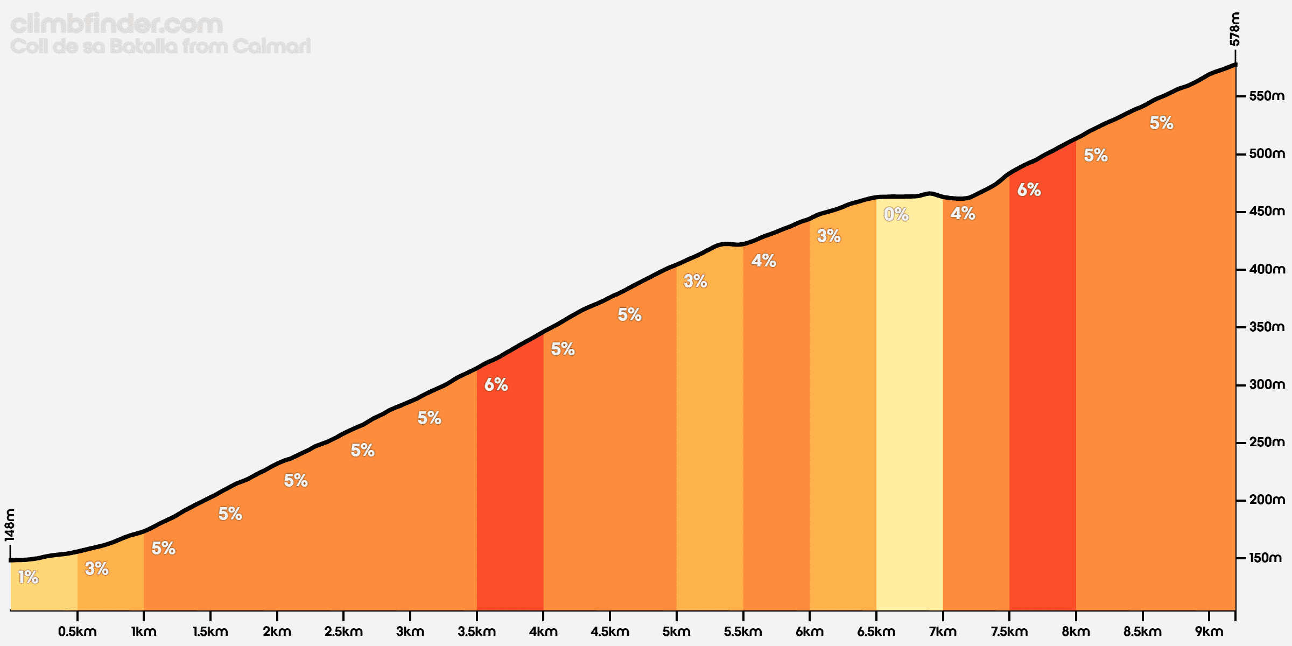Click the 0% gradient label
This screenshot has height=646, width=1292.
point(896,215)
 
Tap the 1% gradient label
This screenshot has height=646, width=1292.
point(28,577)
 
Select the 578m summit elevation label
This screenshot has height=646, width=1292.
point(1235,29)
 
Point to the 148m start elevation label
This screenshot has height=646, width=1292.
point(10,525)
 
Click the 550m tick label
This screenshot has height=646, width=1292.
point(1267,96)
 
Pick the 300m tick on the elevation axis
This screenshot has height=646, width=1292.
point(1267,385)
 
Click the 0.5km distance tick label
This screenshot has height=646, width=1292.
point(78,631)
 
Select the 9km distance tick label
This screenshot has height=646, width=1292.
point(1209,631)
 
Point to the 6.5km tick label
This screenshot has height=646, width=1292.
point(876,631)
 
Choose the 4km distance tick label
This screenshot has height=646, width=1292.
point(543,631)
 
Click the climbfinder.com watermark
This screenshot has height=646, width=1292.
point(116,24)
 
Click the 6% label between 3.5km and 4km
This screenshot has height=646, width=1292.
point(496,384)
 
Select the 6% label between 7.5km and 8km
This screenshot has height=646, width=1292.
point(1029,189)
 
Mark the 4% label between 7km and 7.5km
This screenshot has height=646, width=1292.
point(963,213)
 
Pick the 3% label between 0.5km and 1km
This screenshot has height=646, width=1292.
point(97,568)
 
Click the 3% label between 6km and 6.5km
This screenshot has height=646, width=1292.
point(828,235)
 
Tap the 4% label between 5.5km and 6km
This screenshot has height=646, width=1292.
point(763,261)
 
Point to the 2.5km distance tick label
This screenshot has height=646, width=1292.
point(343,631)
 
